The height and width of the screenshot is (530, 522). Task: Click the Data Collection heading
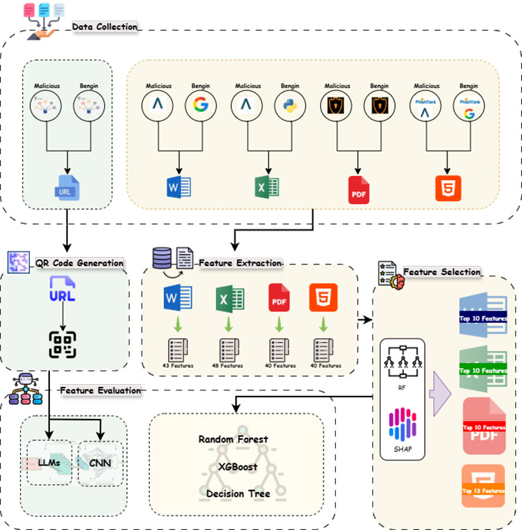tap(105, 26)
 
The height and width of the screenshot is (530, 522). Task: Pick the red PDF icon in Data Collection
tap(358, 190)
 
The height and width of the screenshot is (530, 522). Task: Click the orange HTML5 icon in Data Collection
tap(448, 188)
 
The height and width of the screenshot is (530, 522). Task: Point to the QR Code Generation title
tap(79, 263)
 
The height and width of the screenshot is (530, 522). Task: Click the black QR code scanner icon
tap(62, 345)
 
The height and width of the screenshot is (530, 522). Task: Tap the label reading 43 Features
tap(179, 365)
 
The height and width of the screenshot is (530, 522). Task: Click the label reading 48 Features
tap(229, 365)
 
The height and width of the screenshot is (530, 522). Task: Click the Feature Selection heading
tap(441, 272)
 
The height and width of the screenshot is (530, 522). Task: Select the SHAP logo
tap(402, 424)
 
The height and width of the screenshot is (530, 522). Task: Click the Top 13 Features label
tap(484, 491)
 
